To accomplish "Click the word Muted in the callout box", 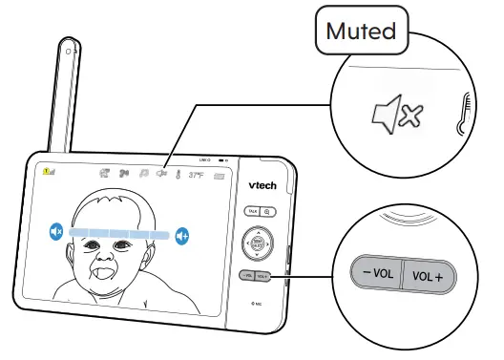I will pyautogui.click(x=360, y=32).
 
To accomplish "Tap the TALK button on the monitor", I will pyautogui.click(x=252, y=212).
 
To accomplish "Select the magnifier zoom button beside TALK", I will pyautogui.click(x=267, y=212).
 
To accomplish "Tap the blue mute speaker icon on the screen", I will pyautogui.click(x=56, y=231).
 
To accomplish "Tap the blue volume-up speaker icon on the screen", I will pyautogui.click(x=182, y=235).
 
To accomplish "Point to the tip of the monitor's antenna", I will pyautogui.click(x=70, y=46).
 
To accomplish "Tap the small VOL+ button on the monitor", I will pyautogui.click(x=263, y=275).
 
